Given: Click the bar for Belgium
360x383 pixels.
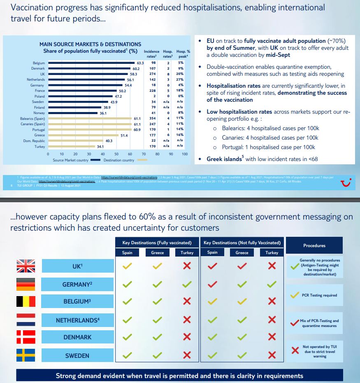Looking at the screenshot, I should click(91, 63).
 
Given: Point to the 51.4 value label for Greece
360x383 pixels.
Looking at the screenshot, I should click(123, 135).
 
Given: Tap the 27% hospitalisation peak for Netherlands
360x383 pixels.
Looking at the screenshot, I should click(180, 79).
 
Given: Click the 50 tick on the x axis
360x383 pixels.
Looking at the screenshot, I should click(116, 154).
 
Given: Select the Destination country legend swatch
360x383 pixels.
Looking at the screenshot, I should click(142, 160).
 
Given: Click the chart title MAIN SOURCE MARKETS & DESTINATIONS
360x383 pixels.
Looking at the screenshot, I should click(90, 44).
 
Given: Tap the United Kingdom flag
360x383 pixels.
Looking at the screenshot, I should click(26, 266).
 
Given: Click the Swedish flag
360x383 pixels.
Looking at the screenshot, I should click(26, 355).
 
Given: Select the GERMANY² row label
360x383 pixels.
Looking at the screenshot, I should click(77, 285).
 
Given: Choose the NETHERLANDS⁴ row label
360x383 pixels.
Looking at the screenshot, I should click(77, 320).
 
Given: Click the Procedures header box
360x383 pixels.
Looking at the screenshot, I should click(314, 245).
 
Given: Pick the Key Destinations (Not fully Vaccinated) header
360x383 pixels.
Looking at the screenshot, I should click(242, 243).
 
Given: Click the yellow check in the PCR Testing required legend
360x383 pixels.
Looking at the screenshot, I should click(295, 295).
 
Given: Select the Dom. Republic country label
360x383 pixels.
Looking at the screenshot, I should click(34, 141).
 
